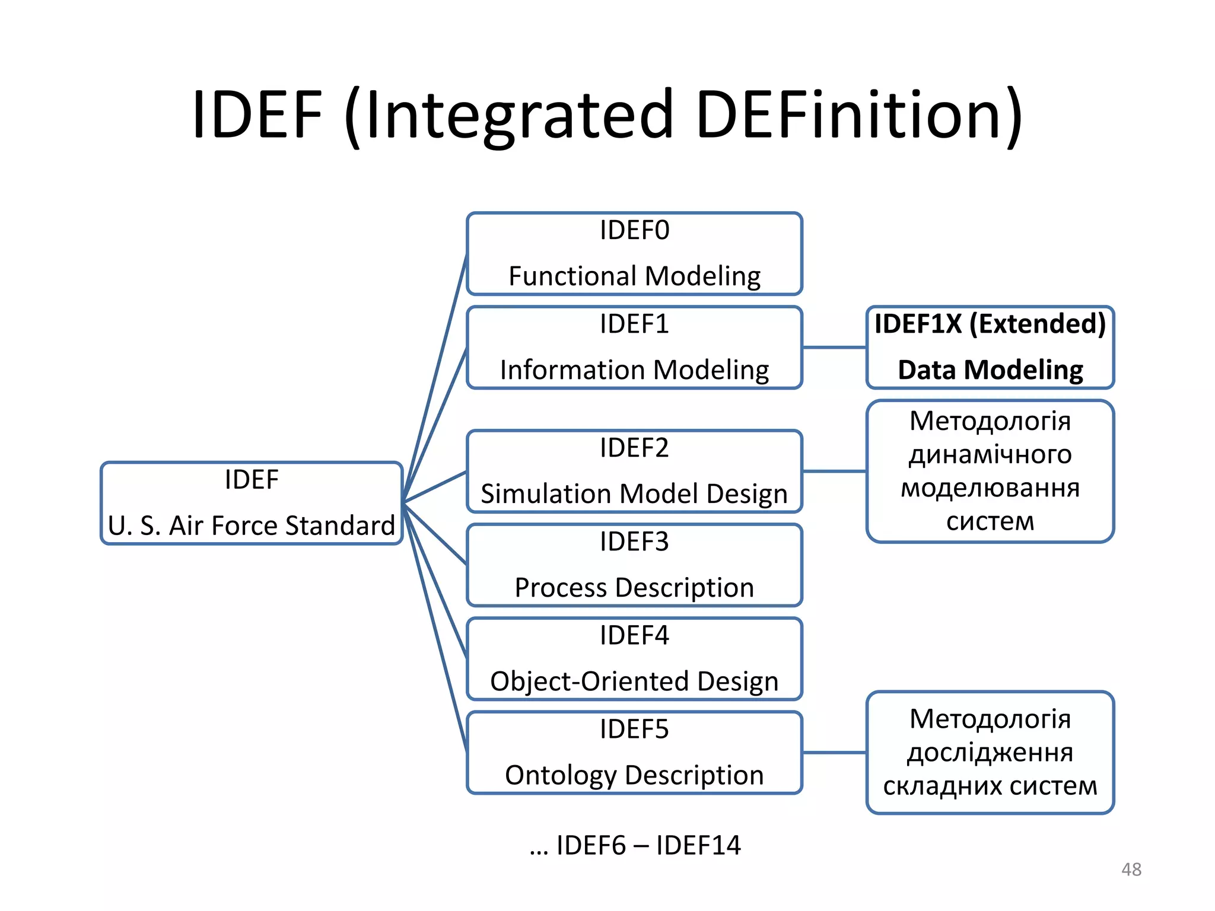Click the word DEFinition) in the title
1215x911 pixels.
pyautogui.click(x=858, y=114)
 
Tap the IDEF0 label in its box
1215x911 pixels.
pyautogui.click(x=634, y=230)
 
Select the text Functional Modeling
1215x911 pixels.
pyautogui.click(x=634, y=276)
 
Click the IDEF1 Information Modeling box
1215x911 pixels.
pyautogui.click(x=634, y=347)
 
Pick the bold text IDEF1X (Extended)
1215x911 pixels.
pyautogui.click(x=990, y=324)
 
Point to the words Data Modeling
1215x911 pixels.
pyautogui.click(x=990, y=370)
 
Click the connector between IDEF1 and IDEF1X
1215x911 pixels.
pyautogui.click(x=834, y=348)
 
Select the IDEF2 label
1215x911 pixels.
pyautogui.click(x=634, y=448)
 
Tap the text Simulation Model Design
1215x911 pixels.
pyautogui.click(x=634, y=494)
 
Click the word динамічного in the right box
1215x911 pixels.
pyautogui.click(x=990, y=455)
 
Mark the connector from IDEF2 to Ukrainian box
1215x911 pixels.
pyautogui.click(x=834, y=472)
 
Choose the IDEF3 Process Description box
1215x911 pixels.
pyautogui.click(x=634, y=565)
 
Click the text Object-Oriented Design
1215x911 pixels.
pyautogui.click(x=634, y=681)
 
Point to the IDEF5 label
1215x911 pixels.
pyautogui.click(x=634, y=730)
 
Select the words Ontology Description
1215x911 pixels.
pyautogui.click(x=634, y=775)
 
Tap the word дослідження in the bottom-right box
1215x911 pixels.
pyautogui.click(x=990, y=753)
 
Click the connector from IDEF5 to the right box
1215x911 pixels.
pyautogui.click(x=834, y=753)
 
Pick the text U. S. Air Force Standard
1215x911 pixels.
pyautogui.click(x=252, y=526)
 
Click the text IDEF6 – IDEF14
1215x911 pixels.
pyautogui.click(x=648, y=845)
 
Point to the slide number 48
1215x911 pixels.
pyautogui.click(x=1131, y=869)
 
